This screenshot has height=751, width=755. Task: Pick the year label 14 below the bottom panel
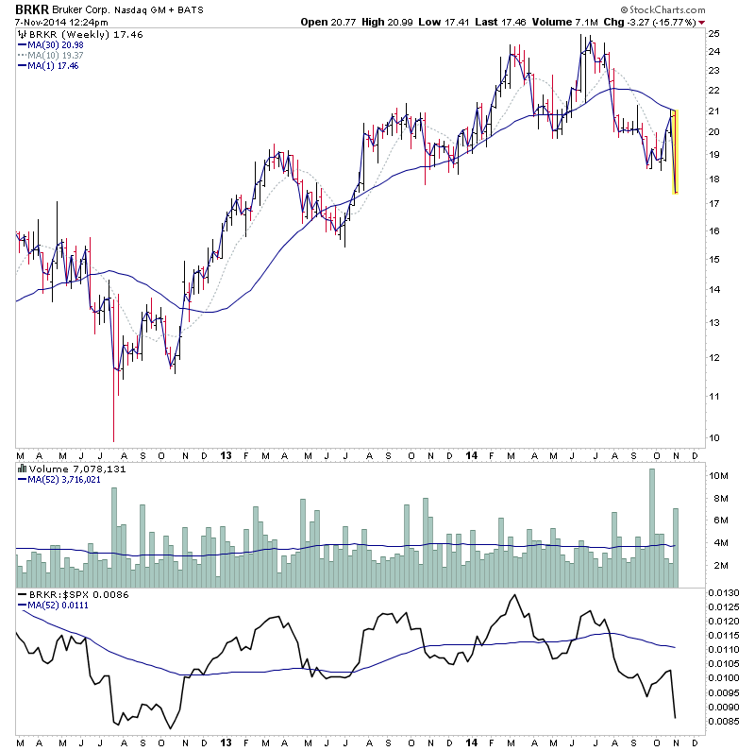pyautogui.click(x=472, y=742)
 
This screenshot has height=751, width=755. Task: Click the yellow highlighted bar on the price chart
pyautogui.click(x=676, y=152)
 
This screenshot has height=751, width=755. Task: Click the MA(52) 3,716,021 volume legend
pyautogui.click(x=64, y=479)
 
